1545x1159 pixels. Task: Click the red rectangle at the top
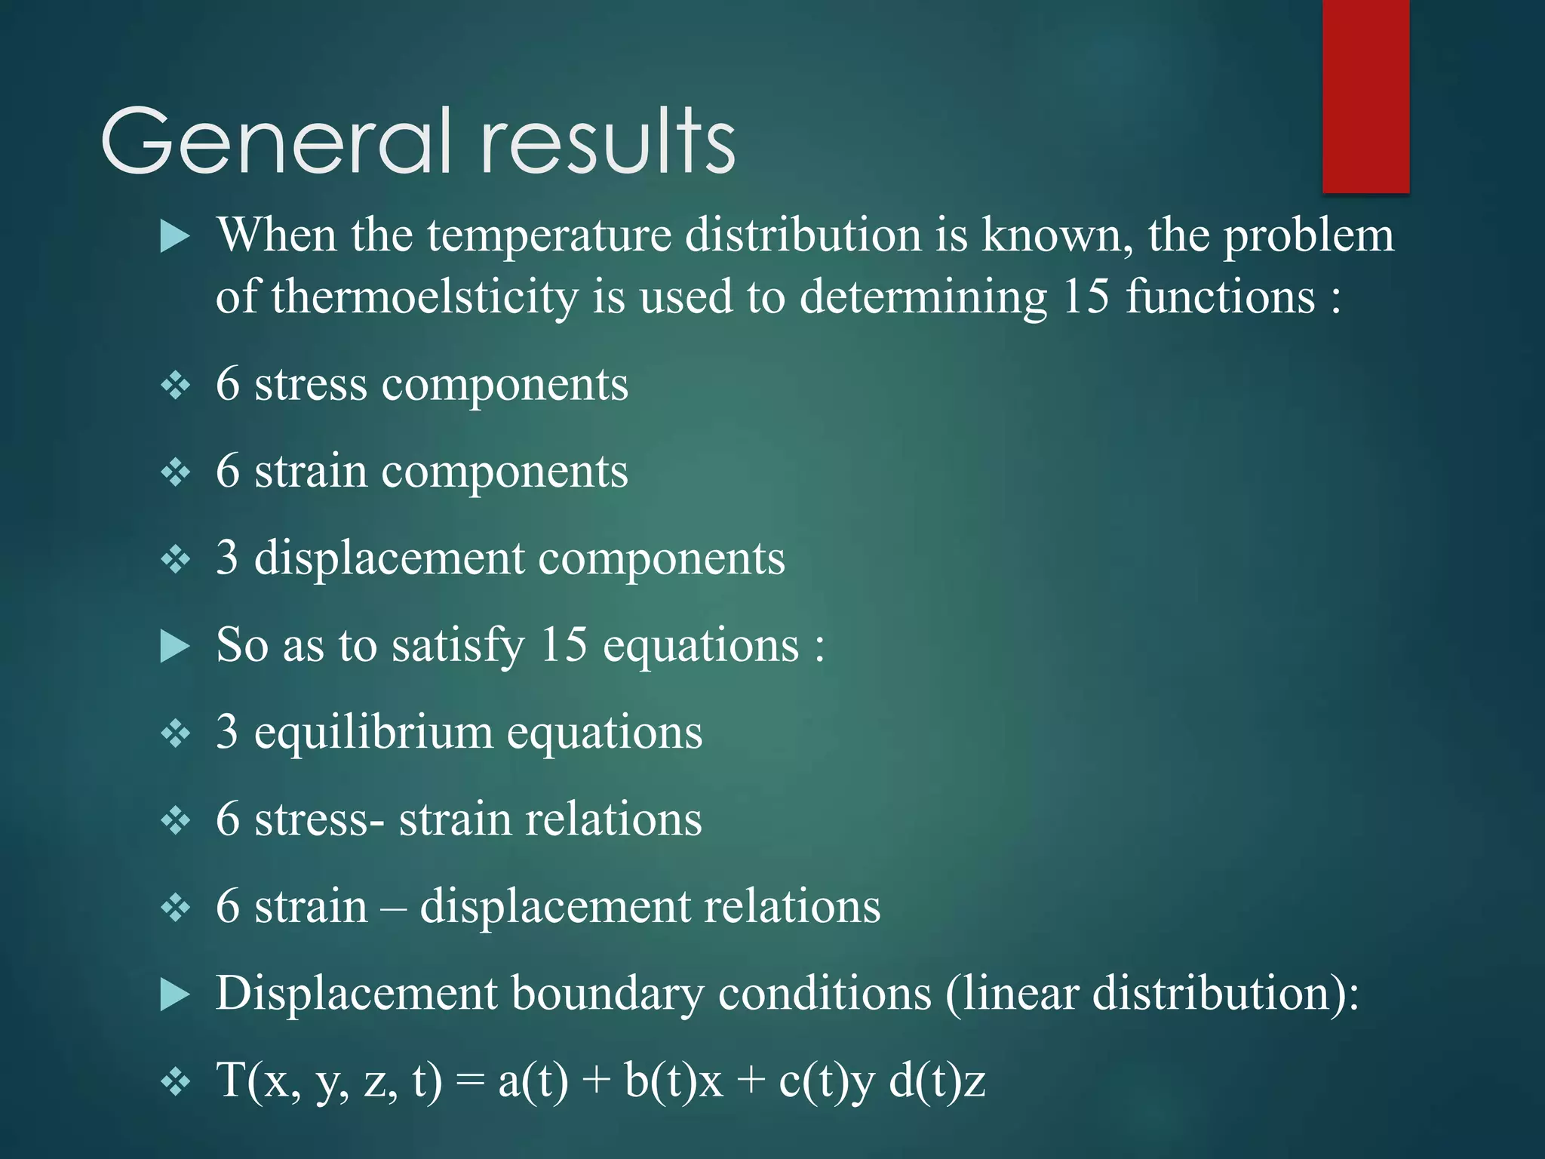(1365, 96)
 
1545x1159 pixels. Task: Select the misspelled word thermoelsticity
(424, 297)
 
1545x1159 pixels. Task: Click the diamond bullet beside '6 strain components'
(175, 473)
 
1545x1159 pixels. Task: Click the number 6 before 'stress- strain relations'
(227, 819)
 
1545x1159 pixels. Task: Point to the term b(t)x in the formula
(674, 1081)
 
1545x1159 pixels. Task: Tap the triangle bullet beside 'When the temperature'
(175, 237)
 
